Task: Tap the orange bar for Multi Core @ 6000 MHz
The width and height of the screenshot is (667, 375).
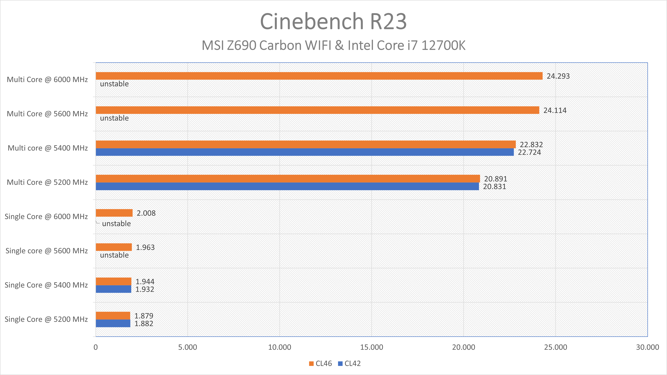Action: [319, 76]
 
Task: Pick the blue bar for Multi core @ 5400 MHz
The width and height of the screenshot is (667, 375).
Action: [305, 152]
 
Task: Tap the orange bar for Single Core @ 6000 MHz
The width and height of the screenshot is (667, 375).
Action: [114, 213]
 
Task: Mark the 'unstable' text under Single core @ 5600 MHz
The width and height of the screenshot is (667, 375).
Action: [114, 255]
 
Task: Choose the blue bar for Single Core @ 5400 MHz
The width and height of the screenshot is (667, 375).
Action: [113, 289]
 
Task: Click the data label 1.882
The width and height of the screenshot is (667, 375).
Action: [144, 324]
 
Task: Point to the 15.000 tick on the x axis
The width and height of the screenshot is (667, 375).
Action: [372, 347]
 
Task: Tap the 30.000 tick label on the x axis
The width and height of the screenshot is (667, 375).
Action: [647, 347]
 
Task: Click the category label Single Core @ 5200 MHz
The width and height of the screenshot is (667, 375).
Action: [46, 319]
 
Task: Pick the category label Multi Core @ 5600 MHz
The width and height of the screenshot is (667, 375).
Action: [47, 114]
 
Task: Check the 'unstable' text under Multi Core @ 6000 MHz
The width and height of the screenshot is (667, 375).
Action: [114, 84]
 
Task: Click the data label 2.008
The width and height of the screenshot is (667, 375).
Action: [146, 213]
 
